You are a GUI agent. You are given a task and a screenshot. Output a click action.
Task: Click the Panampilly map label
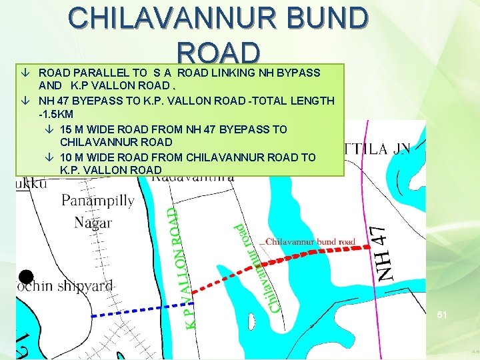tap(97, 200)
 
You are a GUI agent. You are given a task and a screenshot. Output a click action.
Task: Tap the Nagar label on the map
tap(93, 222)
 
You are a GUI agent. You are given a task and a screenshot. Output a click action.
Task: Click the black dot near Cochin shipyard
tap(26, 277)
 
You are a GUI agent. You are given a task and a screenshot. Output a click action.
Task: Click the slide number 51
tap(442, 313)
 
